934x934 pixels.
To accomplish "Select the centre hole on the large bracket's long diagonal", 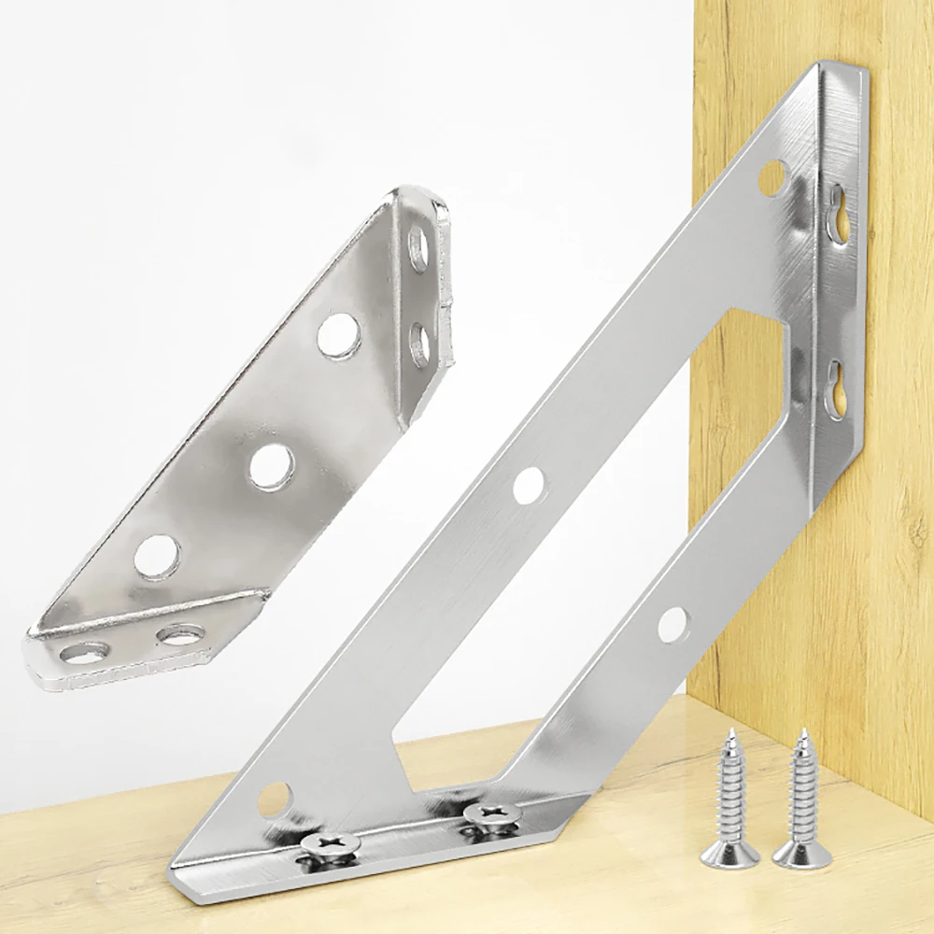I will pos(529,484).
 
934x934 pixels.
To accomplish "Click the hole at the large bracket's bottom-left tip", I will pos(275,800).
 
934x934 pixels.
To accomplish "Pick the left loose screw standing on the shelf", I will pos(726,803).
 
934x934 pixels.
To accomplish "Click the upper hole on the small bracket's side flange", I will pos(418,249).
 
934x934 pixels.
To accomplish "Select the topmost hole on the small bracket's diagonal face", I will pos(338,336).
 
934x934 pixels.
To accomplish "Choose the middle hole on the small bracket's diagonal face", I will pos(272,466).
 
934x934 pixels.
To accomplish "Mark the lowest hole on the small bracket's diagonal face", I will pos(156,558).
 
